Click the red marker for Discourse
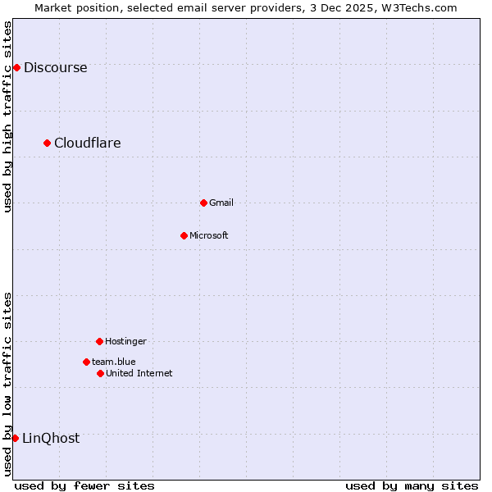(16, 67)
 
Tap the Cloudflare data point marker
(47, 143)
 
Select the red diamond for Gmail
(203, 203)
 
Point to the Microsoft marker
(184, 235)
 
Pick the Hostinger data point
(99, 341)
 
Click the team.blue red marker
(86, 362)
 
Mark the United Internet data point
(100, 373)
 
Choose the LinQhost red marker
(15, 438)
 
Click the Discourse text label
(55, 68)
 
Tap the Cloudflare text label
(87, 143)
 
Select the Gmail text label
(221, 203)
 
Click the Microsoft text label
(208, 236)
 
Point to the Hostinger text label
(125, 342)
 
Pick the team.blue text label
(113, 362)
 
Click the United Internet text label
(139, 374)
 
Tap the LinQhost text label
(51, 439)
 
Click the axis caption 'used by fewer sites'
(84, 485)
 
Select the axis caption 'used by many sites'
(412, 485)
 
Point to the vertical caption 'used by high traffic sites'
(8, 116)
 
